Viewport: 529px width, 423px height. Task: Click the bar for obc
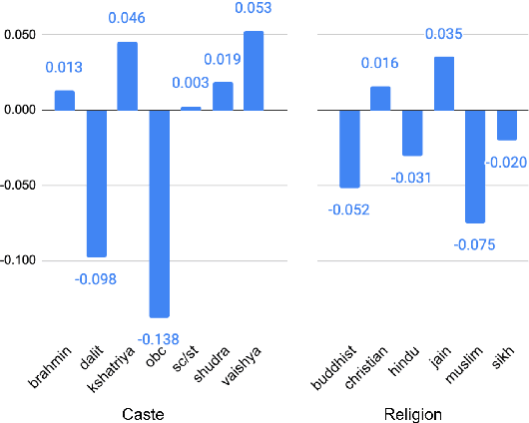(x=160, y=212)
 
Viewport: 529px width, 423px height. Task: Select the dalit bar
(x=96, y=183)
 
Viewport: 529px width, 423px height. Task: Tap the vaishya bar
(x=255, y=71)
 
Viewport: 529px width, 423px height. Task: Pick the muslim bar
(x=475, y=166)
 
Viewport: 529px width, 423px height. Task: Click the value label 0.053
(x=255, y=10)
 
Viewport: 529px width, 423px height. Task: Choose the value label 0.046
(x=128, y=19)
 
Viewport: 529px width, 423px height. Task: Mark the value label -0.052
(x=349, y=209)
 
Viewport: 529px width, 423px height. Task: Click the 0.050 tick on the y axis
(x=20, y=35)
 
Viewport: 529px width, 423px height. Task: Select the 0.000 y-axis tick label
(x=20, y=110)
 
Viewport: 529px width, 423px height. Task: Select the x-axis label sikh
(x=503, y=355)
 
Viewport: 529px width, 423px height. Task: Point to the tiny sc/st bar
(x=191, y=108)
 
